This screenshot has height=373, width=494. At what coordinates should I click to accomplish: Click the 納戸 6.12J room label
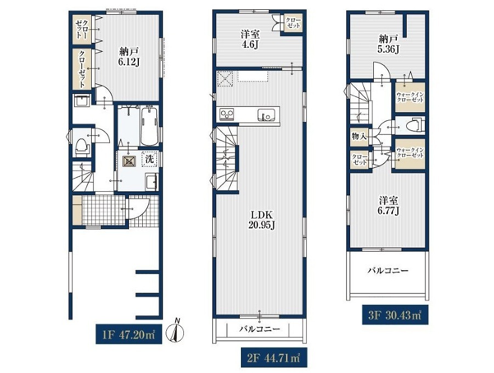[x=128, y=57]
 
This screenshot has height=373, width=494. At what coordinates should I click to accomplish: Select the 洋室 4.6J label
[x=250, y=39]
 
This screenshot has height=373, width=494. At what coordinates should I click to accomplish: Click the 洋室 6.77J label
[x=388, y=205]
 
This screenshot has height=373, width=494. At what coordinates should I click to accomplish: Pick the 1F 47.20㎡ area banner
[x=129, y=334]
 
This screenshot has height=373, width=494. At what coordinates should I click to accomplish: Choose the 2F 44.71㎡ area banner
[x=274, y=358]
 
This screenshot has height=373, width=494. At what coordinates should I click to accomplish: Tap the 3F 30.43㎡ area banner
[x=395, y=315]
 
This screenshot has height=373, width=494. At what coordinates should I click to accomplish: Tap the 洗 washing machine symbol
[x=149, y=159]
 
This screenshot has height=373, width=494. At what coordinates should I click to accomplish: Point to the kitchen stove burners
[x=227, y=114]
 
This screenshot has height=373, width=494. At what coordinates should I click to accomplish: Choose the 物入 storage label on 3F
[x=359, y=137]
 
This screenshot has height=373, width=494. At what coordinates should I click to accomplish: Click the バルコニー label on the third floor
[x=388, y=270]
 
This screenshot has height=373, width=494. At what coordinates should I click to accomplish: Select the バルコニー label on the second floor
[x=259, y=330]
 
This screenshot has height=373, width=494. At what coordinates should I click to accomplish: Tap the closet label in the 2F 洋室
[x=293, y=23]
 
